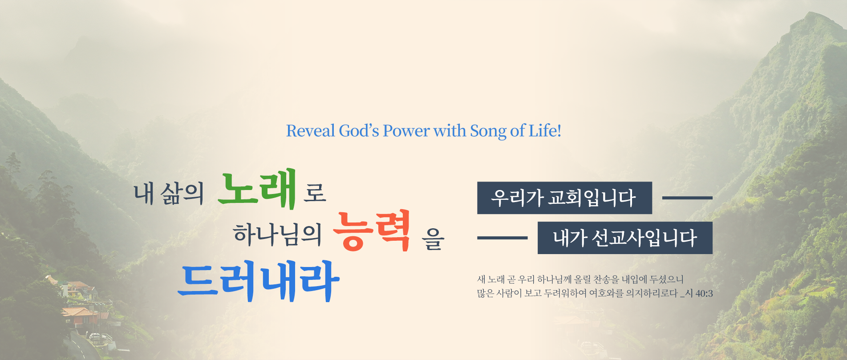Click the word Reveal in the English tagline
(311, 131)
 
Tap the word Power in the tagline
(406, 131)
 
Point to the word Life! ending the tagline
(545, 131)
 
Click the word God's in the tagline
(359, 131)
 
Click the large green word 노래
(257, 189)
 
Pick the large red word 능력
(372, 231)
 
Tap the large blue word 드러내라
(259, 281)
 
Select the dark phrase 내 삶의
(169, 194)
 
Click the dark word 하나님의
(277, 235)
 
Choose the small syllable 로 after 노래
(315, 193)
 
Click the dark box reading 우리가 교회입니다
(564, 198)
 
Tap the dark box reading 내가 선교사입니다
(625, 238)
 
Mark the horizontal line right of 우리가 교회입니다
(687, 198)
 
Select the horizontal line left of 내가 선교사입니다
(502, 238)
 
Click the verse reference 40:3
(704, 293)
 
